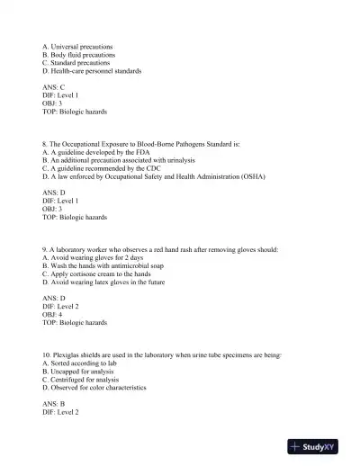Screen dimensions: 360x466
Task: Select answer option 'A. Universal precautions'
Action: pos(83,46)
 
